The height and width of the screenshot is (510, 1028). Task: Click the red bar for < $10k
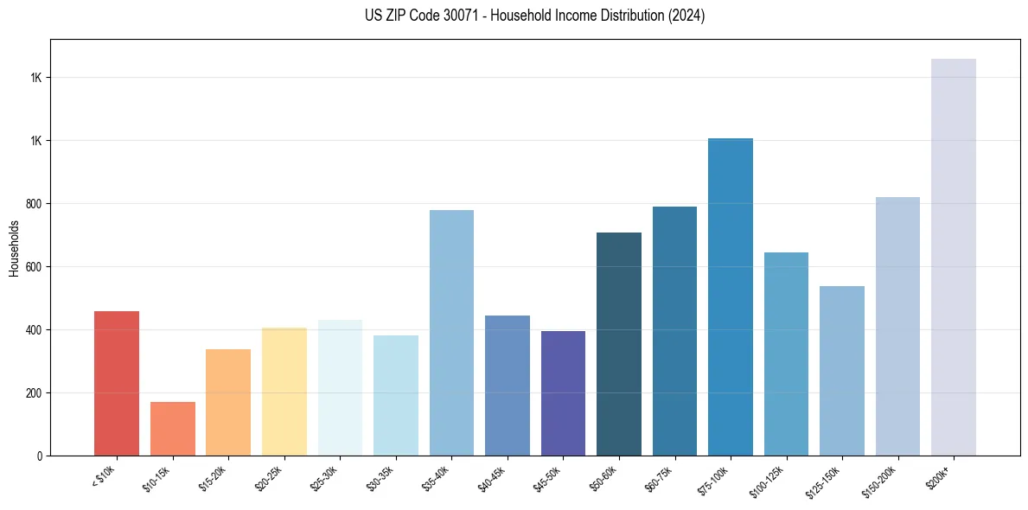(x=117, y=383)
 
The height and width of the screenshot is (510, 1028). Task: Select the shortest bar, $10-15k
(x=173, y=429)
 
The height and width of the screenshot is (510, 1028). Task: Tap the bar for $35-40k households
(x=451, y=333)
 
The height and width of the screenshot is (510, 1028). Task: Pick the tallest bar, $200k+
(x=954, y=257)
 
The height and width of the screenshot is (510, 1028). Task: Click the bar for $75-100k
(x=731, y=296)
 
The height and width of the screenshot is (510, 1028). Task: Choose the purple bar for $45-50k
(x=563, y=393)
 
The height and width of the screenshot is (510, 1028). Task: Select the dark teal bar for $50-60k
(x=619, y=344)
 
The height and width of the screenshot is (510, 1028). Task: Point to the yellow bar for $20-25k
(x=284, y=392)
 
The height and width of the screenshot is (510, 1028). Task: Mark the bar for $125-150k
(x=842, y=371)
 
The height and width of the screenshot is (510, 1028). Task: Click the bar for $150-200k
(x=897, y=326)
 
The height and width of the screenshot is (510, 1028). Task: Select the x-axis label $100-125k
(x=769, y=479)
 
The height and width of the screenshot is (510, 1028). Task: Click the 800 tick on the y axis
(x=34, y=204)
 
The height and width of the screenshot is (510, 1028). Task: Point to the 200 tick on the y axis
(x=34, y=393)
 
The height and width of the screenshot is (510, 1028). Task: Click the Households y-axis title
(x=14, y=247)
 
